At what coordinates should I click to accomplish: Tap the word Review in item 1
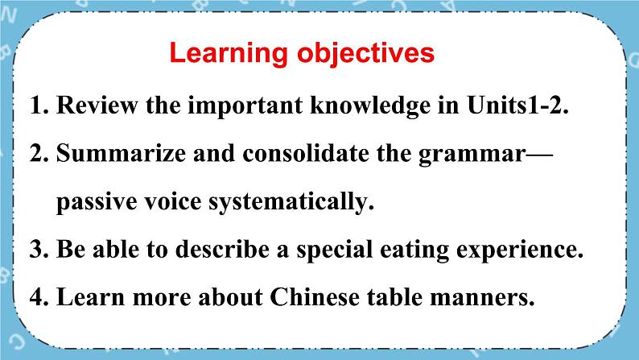pyautogui.click(x=97, y=105)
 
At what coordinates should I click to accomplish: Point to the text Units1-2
pyautogui.click(x=517, y=105)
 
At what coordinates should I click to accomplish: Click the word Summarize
pyautogui.click(x=121, y=153)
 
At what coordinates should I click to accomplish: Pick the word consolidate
pyautogui.click(x=306, y=153)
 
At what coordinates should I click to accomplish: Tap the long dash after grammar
pyautogui.click(x=539, y=155)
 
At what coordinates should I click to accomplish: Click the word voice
pyautogui.click(x=173, y=201)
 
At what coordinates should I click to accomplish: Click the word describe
pyautogui.click(x=222, y=249)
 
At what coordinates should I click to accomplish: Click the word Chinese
pyautogui.click(x=315, y=297)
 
